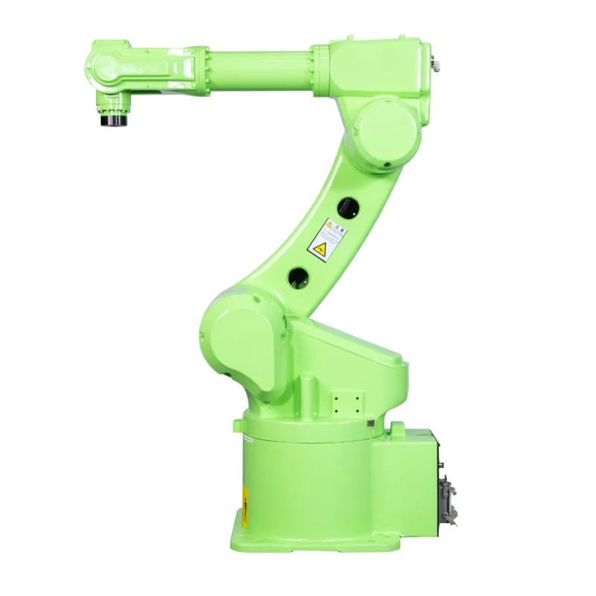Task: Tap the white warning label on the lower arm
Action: coord(326,239)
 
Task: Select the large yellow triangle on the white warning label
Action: coord(320,249)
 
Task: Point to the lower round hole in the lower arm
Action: coord(299,277)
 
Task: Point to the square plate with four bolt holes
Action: coord(344,402)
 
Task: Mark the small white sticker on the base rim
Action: coord(248,439)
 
